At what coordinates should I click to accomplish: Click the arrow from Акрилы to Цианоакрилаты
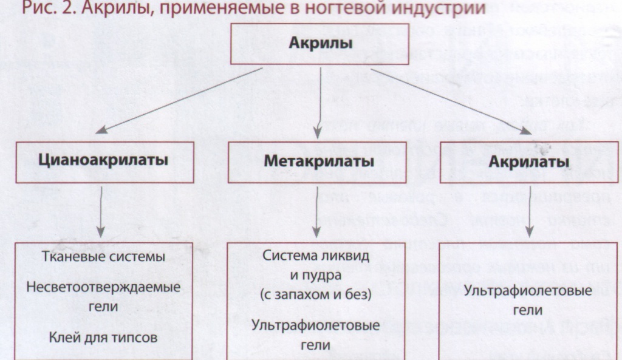(x=179, y=100)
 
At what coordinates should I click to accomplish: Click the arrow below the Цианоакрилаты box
(x=101, y=212)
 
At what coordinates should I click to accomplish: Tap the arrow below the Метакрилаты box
(x=316, y=212)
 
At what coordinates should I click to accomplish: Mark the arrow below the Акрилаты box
(x=529, y=212)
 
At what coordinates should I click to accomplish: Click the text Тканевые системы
(x=103, y=257)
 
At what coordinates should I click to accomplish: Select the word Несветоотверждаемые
(x=103, y=287)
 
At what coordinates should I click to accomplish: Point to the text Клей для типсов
(x=103, y=338)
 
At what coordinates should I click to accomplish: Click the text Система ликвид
(x=316, y=256)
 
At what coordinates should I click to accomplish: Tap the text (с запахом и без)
(x=316, y=294)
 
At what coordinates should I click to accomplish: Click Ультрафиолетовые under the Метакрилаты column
(x=315, y=325)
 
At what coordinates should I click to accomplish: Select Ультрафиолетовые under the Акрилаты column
(x=528, y=291)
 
